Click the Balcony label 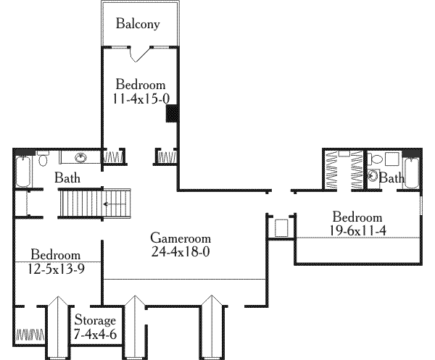(x=138, y=24)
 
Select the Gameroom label (x=181, y=238)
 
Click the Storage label (x=95, y=320)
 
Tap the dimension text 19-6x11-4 (x=357, y=230)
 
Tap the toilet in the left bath (x=43, y=158)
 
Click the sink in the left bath (x=80, y=156)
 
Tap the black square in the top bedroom (x=173, y=114)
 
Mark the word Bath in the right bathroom (x=392, y=178)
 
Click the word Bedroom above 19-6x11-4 (x=357, y=217)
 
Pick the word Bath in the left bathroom (x=67, y=177)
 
